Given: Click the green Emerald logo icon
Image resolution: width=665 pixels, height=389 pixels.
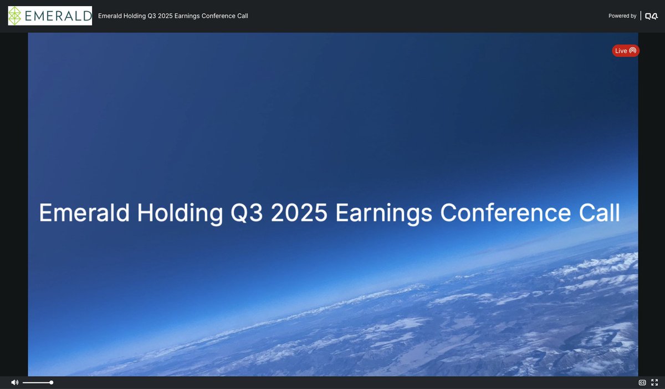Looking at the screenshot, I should tap(17, 16).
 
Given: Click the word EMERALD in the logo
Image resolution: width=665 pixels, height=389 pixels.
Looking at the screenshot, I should tap(58, 16).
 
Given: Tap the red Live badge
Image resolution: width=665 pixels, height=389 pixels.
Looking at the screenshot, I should tap(626, 50).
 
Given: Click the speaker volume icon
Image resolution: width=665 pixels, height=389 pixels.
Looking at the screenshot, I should tap(14, 382).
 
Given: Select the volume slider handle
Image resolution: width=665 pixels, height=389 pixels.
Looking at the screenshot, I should tap(51, 382).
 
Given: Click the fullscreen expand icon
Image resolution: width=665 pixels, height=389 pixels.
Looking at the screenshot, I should tap(654, 382).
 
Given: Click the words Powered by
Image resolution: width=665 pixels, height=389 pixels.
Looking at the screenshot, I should tap(622, 16).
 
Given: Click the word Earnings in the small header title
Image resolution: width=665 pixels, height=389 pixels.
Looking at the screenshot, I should tap(187, 16).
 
